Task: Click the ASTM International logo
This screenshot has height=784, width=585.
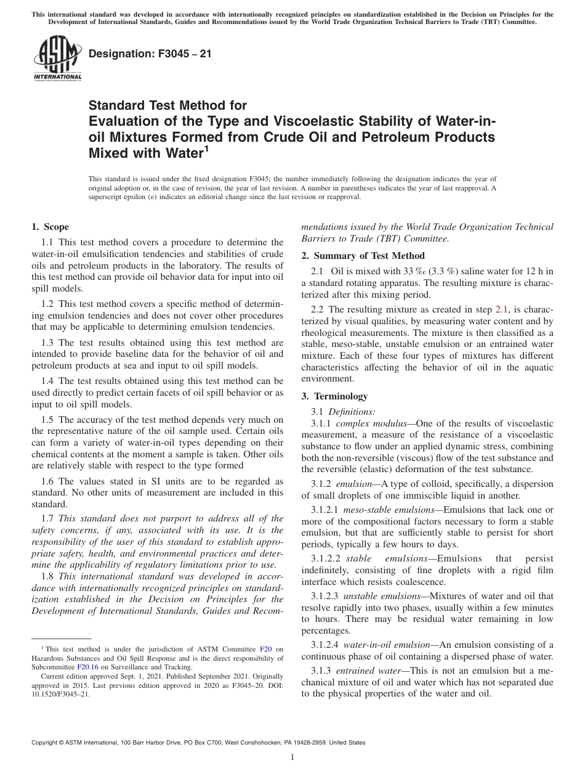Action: (57, 59)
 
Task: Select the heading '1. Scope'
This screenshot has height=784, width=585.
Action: (50, 227)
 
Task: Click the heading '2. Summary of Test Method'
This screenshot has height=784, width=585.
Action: (363, 256)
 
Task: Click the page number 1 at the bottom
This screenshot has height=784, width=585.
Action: (292, 757)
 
